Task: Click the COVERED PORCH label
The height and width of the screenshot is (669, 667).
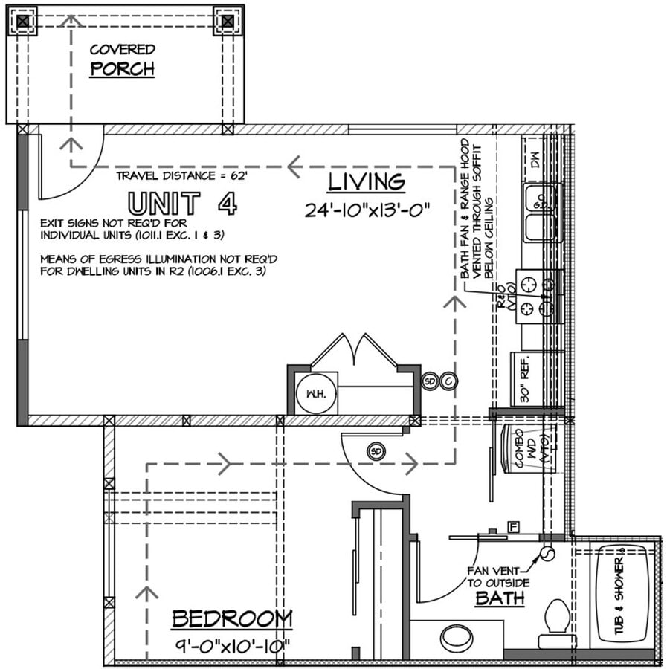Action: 122,60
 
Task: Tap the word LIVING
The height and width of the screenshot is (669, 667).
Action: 367,181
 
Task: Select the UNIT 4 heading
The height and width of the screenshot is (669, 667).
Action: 182,203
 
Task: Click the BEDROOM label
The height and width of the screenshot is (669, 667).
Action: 232,618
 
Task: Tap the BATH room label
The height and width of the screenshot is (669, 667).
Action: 500,598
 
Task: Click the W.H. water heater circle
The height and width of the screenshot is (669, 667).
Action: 310,392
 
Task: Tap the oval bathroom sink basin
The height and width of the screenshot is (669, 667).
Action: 457,638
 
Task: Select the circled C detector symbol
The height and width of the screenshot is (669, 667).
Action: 449,381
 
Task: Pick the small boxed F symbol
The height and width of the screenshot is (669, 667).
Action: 512,527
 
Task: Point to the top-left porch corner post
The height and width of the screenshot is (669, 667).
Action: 24,22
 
